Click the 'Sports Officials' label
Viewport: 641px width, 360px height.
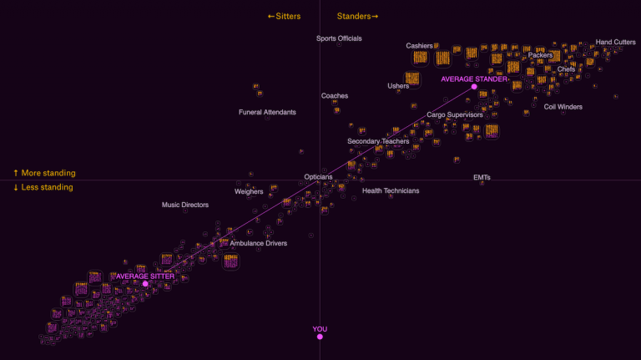click(339, 38)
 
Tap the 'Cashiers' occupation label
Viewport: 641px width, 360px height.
click(420, 46)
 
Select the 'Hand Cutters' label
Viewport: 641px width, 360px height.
click(615, 42)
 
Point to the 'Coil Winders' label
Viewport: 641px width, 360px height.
click(563, 107)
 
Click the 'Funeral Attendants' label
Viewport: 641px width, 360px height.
click(267, 112)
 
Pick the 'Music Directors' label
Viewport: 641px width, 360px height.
click(185, 205)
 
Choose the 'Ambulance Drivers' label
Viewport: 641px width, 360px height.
click(259, 243)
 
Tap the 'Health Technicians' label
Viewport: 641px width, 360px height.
click(391, 190)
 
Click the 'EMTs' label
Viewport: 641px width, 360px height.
click(482, 177)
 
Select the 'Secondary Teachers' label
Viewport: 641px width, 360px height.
click(378, 141)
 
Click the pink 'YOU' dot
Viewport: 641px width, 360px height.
click(320, 337)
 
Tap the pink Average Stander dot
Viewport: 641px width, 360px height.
click(474, 87)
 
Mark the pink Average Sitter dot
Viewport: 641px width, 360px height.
click(145, 284)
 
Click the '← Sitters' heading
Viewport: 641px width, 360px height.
click(284, 16)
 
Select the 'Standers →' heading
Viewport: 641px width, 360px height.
click(358, 16)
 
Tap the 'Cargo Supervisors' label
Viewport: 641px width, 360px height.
click(455, 114)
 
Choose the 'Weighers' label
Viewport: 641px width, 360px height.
click(249, 191)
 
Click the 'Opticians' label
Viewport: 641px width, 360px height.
click(318, 177)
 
